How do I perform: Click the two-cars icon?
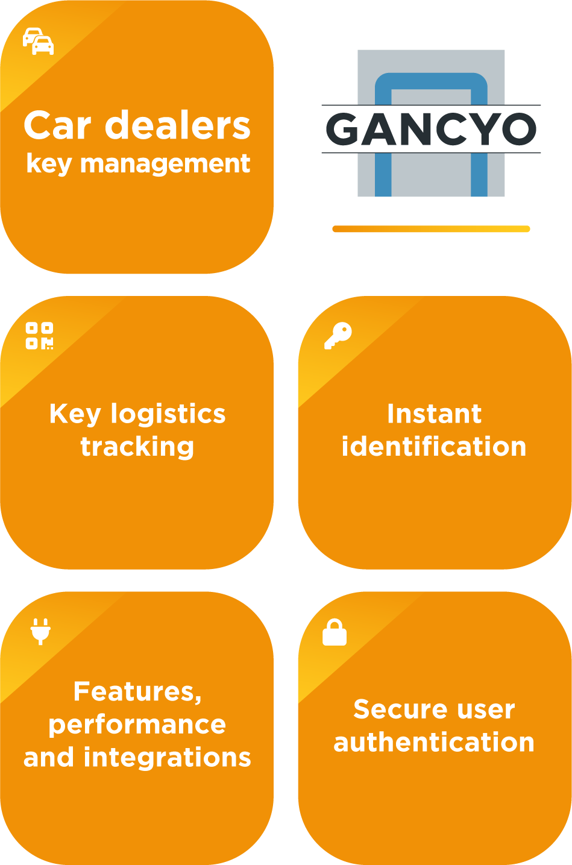pyautogui.click(x=38, y=41)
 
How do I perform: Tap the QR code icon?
pyautogui.click(x=39, y=336)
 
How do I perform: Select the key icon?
pyautogui.click(x=338, y=335)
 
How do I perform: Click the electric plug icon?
pyautogui.click(x=40, y=631)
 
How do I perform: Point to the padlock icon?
pyautogui.click(x=335, y=632)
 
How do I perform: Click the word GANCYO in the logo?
pyautogui.click(x=431, y=129)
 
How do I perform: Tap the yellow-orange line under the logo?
pyautogui.click(x=431, y=229)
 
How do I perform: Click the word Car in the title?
pyautogui.click(x=58, y=125)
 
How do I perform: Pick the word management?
pyautogui.click(x=165, y=163)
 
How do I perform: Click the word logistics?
pyautogui.click(x=168, y=414)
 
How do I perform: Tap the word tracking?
pyautogui.click(x=137, y=447)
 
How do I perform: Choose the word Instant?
pyautogui.click(x=434, y=414)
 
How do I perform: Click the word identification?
pyautogui.click(x=434, y=447)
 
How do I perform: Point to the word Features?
pyautogui.click(x=137, y=691)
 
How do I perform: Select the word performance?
pyautogui.click(x=137, y=725)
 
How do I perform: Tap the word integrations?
pyautogui.click(x=168, y=758)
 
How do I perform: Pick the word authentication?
pyautogui.click(x=434, y=743)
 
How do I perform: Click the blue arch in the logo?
pyautogui.click(x=431, y=81)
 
